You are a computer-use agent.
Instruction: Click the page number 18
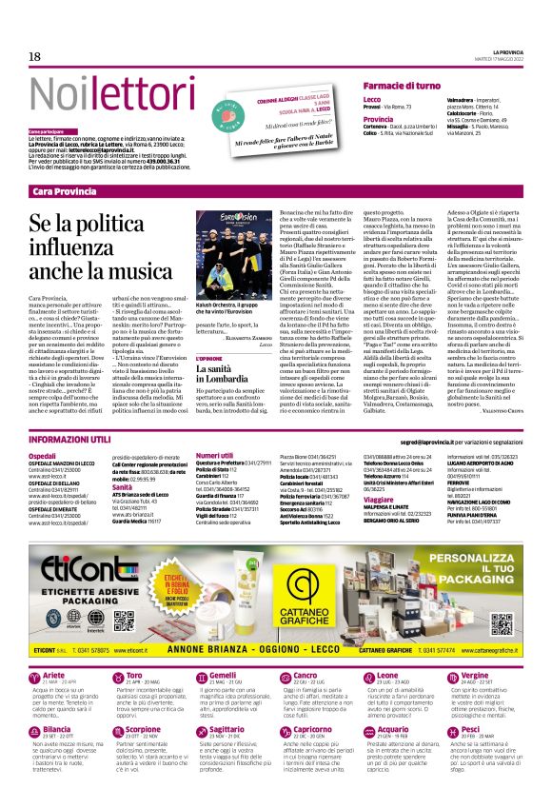[35, 57]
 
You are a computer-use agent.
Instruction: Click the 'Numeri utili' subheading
[214, 456]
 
